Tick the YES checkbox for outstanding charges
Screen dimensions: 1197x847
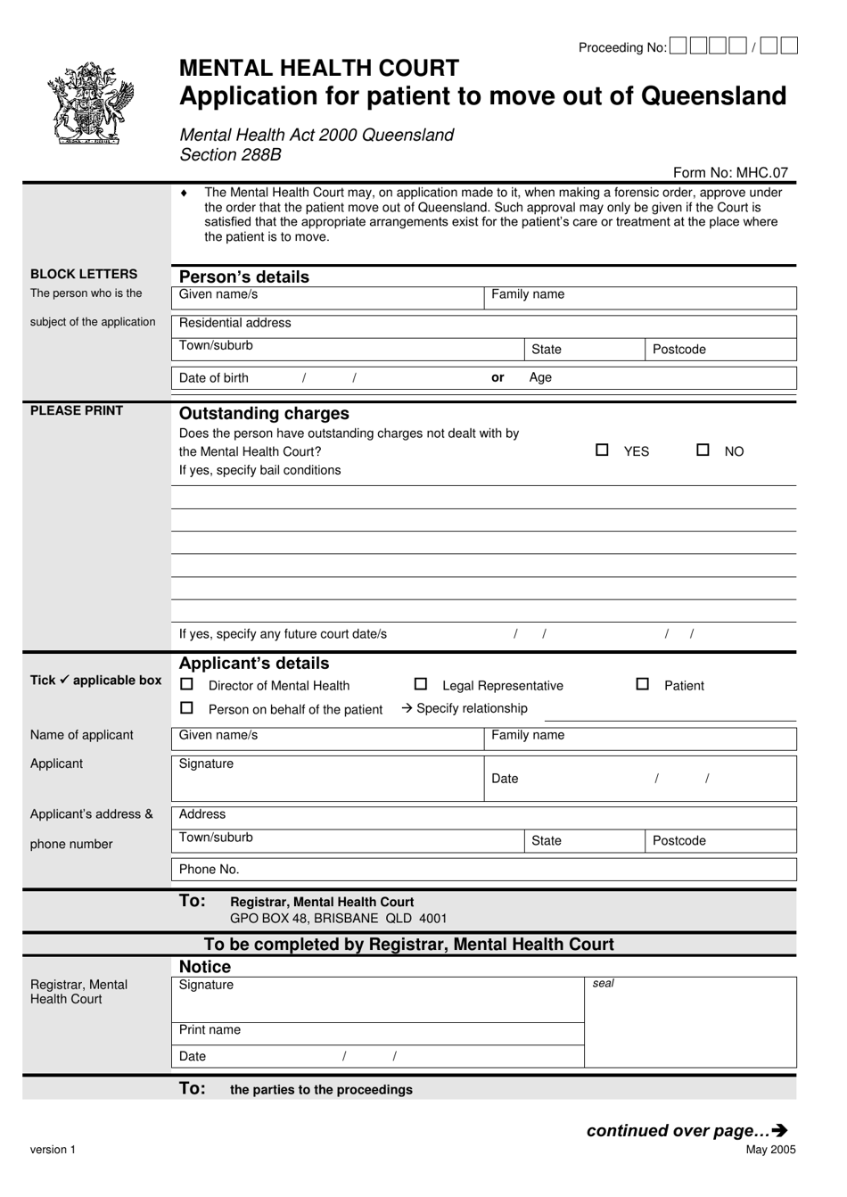point(602,450)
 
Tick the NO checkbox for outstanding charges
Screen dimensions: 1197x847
point(703,450)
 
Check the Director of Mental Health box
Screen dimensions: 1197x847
point(186,684)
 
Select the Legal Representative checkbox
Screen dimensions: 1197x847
point(421,684)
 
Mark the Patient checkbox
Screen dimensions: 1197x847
point(642,684)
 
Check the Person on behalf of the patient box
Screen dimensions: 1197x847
point(186,708)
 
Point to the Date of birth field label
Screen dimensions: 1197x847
point(214,378)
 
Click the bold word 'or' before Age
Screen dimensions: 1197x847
point(498,378)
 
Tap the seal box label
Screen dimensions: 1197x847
point(604,984)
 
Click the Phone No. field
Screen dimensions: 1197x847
point(481,870)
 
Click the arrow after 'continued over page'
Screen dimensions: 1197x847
point(780,1131)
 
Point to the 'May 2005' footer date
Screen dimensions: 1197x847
point(770,1150)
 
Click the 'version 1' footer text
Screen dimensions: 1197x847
point(53,1150)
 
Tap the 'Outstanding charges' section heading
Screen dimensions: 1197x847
point(264,414)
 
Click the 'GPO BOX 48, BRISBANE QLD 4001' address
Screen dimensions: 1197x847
point(338,919)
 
